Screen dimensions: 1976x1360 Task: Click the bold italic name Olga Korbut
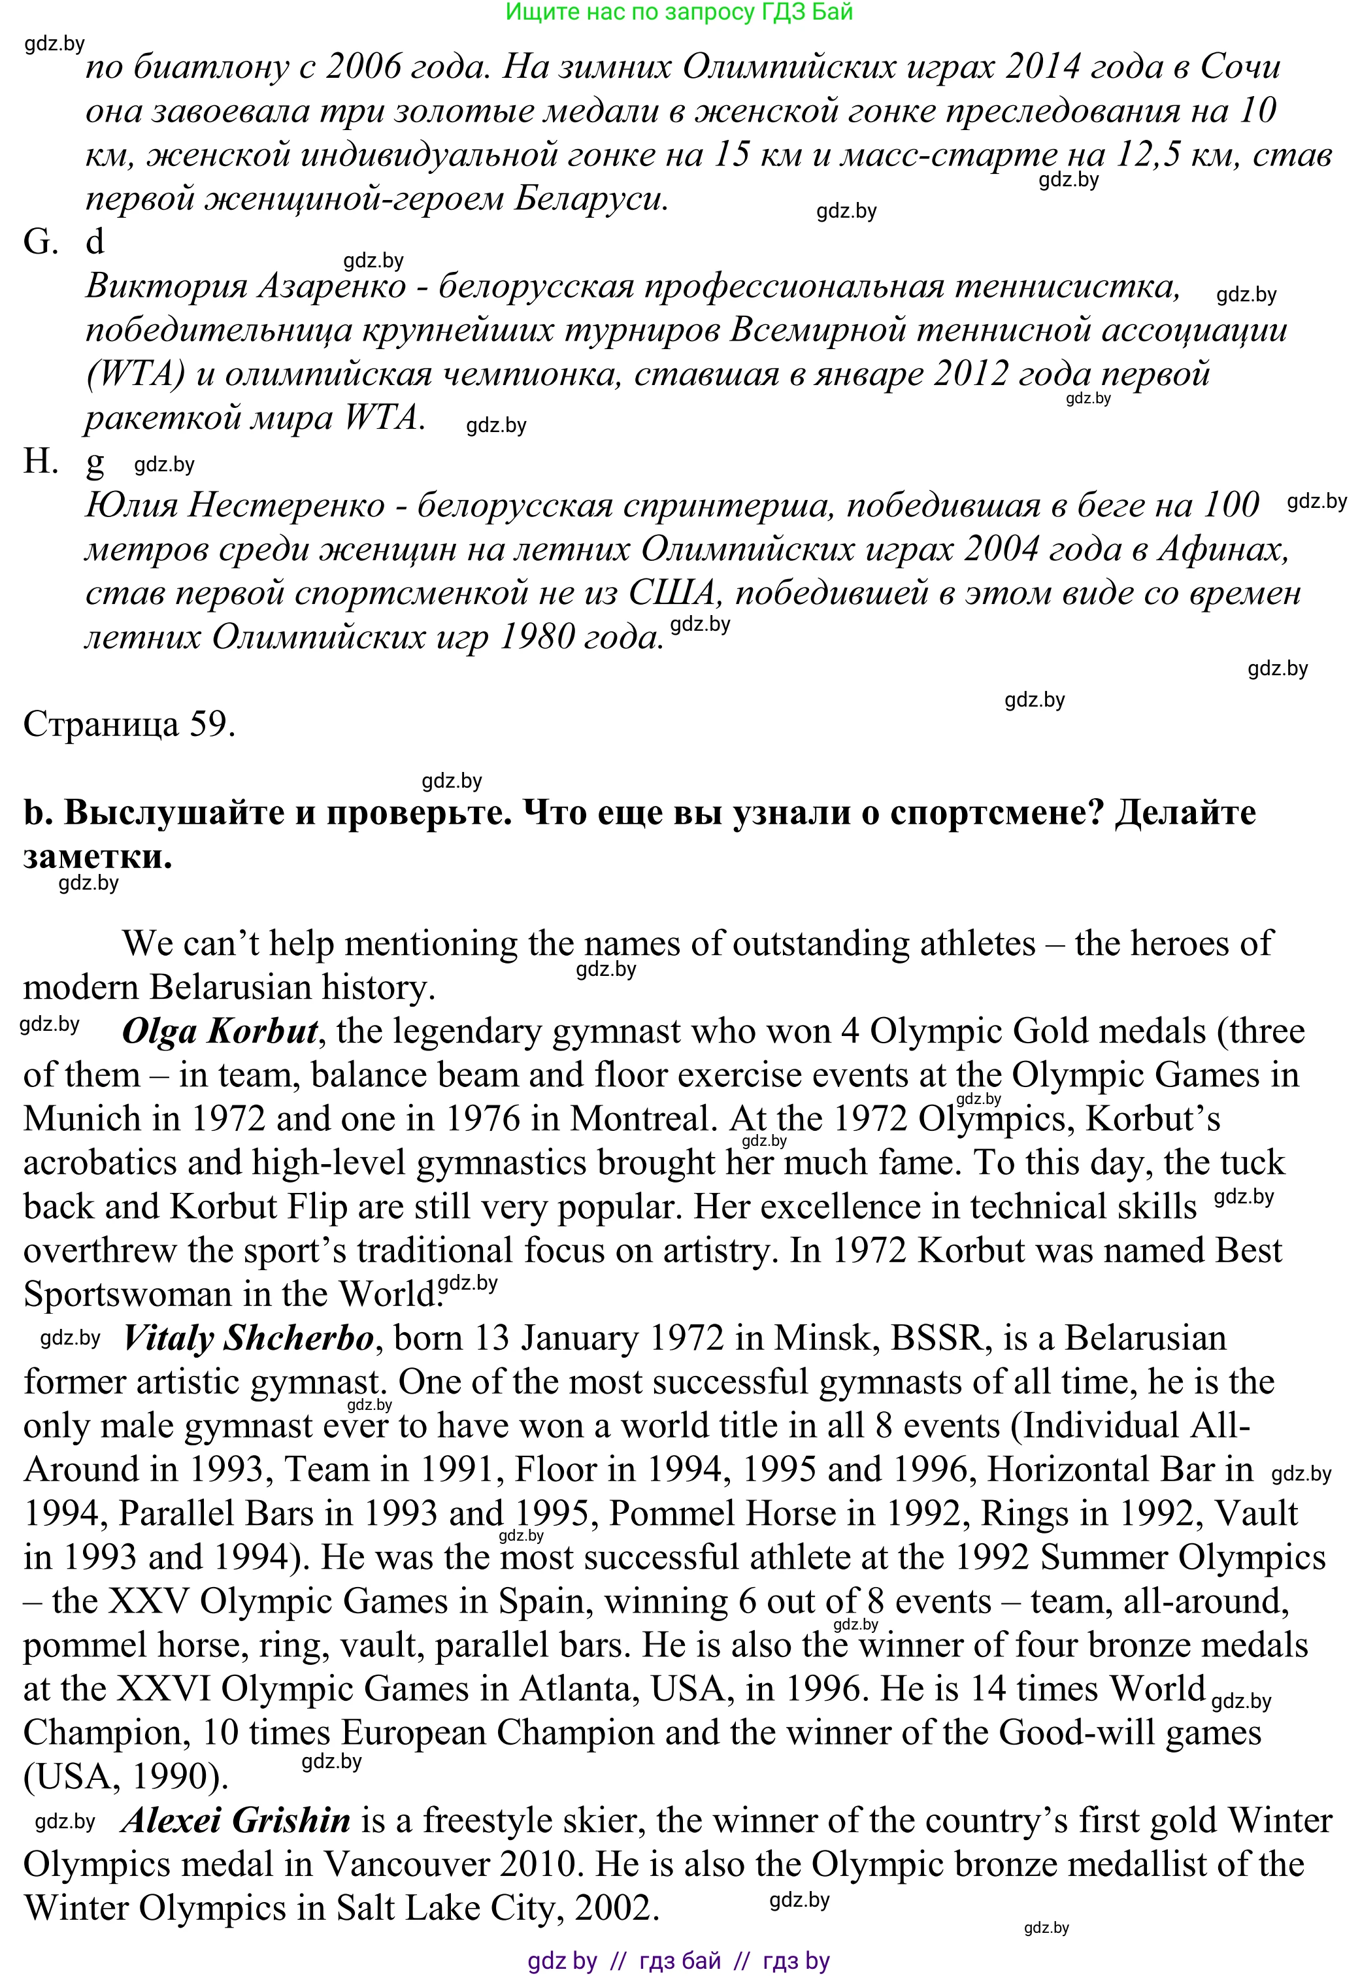pos(220,1032)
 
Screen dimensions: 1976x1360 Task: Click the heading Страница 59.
pos(129,724)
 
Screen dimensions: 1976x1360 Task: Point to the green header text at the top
pos(678,12)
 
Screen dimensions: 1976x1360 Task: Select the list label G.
pos(40,242)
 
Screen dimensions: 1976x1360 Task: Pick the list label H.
pos(40,462)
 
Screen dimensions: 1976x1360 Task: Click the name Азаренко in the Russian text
pos(331,286)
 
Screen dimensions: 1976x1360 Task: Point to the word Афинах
pos(1222,550)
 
